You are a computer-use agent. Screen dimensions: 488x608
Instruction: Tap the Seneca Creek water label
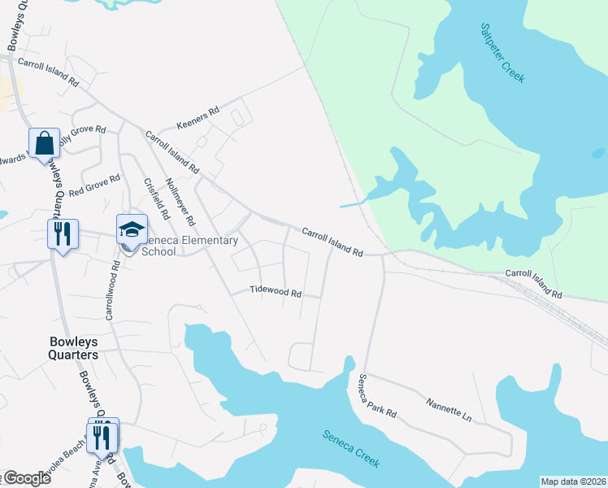tap(351, 448)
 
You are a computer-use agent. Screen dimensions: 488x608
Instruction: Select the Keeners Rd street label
tap(198, 118)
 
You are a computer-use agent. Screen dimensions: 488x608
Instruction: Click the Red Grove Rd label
tap(94, 186)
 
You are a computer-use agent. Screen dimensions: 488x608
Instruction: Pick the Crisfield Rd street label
tap(155, 199)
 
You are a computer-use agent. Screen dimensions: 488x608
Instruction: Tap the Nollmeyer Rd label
tap(180, 203)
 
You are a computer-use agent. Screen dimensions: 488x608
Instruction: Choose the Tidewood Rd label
tap(276, 291)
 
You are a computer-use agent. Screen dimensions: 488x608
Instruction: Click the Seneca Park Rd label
tap(378, 396)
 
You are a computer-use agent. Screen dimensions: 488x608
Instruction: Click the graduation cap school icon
tap(132, 229)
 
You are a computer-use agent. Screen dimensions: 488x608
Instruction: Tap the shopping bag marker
tap(44, 143)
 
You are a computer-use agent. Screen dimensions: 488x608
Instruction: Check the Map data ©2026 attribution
tap(573, 481)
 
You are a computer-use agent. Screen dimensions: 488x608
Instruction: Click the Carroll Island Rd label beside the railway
tap(534, 283)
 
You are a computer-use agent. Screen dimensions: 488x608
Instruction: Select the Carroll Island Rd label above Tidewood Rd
tap(332, 242)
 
